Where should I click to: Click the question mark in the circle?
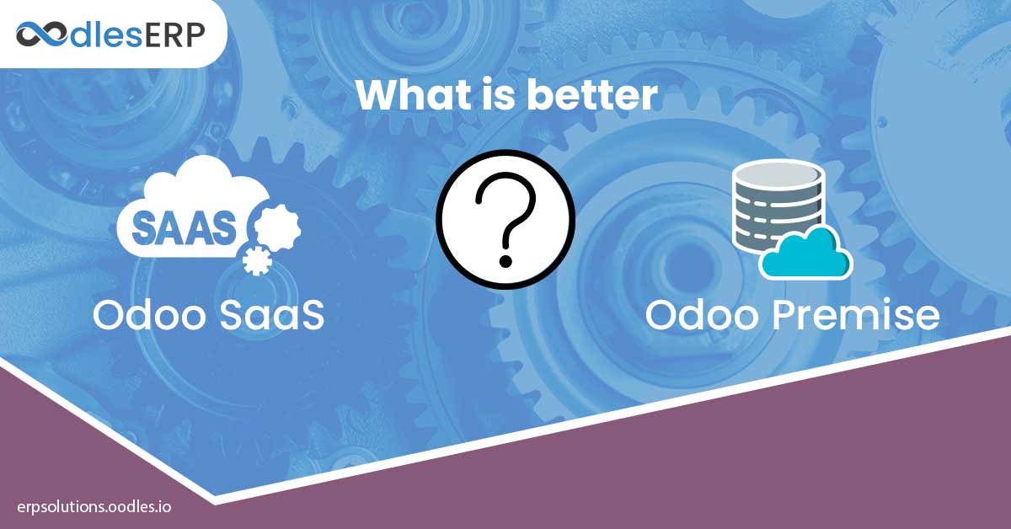tap(505, 220)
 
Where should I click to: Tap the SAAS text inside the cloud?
tap(184, 228)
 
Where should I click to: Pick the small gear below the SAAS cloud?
tap(257, 261)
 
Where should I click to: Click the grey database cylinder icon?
tap(778, 206)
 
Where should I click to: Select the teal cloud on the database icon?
tap(806, 254)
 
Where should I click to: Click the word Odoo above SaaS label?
tap(149, 314)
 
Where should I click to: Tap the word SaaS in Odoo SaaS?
tap(272, 314)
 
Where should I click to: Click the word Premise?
tap(856, 314)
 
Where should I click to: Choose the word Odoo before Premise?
tap(702, 314)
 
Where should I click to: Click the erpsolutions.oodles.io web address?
tap(94, 507)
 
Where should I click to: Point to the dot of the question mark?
tap(505, 261)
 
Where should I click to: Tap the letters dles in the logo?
tap(106, 35)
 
